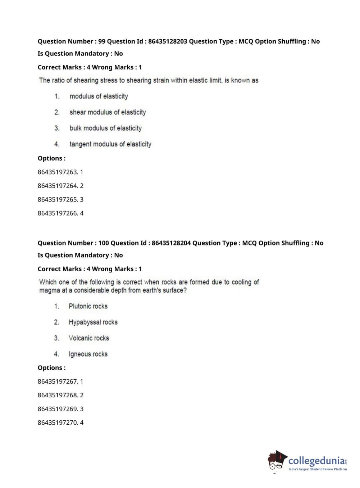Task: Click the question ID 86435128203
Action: [168, 41]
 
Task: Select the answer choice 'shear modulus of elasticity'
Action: [108, 112]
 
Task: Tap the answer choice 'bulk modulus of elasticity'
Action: [105, 128]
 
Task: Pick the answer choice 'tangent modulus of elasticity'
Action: [110, 144]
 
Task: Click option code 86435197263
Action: [58, 172]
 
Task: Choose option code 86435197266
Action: [58, 213]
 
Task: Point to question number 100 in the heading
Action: [104, 243]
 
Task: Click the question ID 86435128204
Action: [171, 243]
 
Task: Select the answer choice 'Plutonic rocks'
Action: [88, 306]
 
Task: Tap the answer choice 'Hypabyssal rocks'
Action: [93, 322]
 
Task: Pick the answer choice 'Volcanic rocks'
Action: [89, 338]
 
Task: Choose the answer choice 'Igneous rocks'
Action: [88, 354]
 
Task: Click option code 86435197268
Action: [58, 395]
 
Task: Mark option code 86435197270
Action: [58, 423]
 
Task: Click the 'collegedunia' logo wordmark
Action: [316, 460]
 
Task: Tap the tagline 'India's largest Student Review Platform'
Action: [318, 469]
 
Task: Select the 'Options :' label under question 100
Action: [51, 368]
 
